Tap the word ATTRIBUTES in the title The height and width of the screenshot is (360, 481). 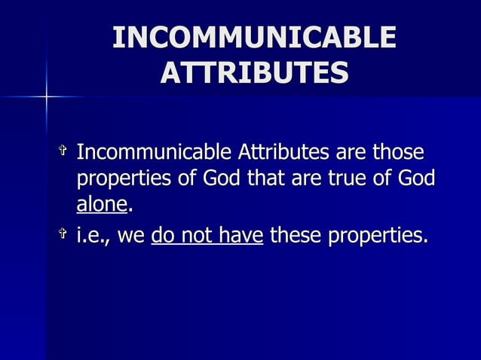(x=254, y=73)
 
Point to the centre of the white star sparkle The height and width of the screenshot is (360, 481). (x=46, y=97)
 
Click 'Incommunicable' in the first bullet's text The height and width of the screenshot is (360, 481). (x=155, y=154)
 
